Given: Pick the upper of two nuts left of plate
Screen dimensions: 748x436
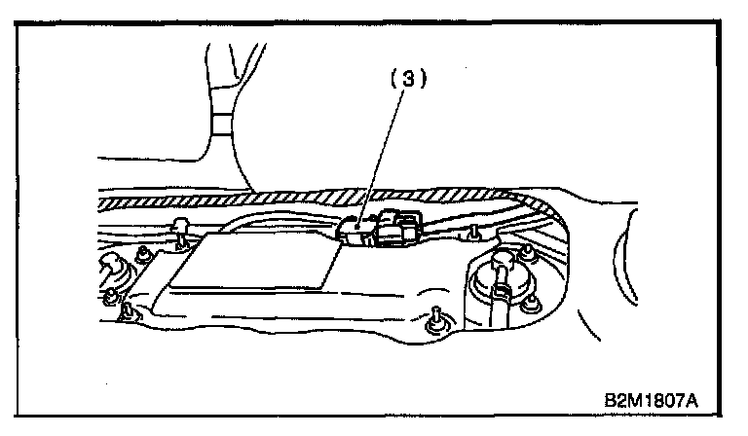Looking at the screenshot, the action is [x=143, y=254].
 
